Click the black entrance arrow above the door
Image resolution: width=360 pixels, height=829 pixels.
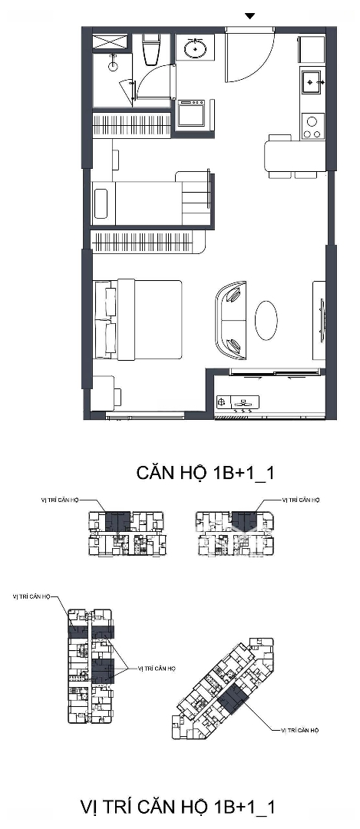click(x=249, y=16)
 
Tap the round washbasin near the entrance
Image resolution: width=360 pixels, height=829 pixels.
click(x=195, y=48)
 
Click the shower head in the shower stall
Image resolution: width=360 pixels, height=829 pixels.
click(x=113, y=64)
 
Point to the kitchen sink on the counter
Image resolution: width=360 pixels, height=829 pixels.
click(x=312, y=83)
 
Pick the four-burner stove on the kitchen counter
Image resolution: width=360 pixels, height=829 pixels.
click(x=312, y=126)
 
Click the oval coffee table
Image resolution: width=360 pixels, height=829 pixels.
click(x=266, y=320)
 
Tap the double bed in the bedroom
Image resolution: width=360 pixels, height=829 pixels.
click(x=138, y=319)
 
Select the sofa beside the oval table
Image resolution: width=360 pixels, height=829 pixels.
click(x=230, y=320)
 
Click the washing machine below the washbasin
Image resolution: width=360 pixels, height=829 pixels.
click(x=191, y=113)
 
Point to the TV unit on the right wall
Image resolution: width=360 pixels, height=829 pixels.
click(x=319, y=320)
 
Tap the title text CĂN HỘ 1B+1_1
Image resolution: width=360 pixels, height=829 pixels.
click(x=205, y=473)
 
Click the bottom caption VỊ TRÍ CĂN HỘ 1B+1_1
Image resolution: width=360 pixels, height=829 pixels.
click(x=177, y=808)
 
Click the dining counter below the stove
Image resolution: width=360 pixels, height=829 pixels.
click(x=295, y=155)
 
